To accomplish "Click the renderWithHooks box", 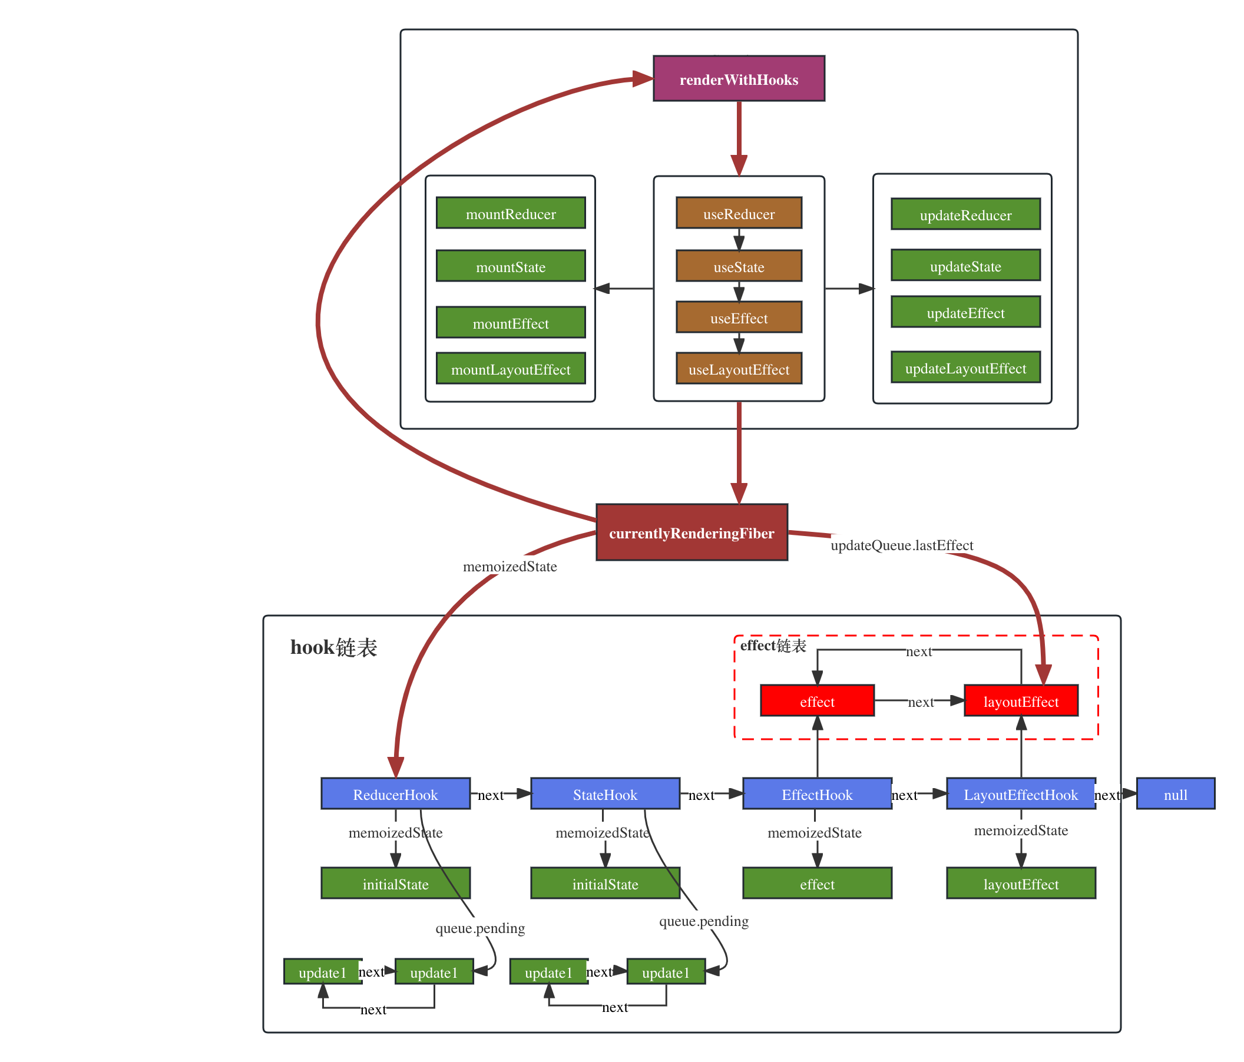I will pyautogui.click(x=739, y=80).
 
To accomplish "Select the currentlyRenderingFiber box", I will pyautogui.click(x=692, y=533).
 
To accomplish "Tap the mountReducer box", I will pyautogui.click(x=510, y=214).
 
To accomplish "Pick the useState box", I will pyautogui.click(x=739, y=267).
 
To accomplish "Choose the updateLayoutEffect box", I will pyautogui.click(x=965, y=368).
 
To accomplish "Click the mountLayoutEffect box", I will pyautogui.click(x=510, y=369).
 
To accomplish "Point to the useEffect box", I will pyautogui.click(x=739, y=317).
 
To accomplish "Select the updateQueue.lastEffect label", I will pyautogui.click(x=901, y=544).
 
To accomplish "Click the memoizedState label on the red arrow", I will pyautogui.click(x=509, y=565).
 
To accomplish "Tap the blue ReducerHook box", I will pyautogui.click(x=395, y=794).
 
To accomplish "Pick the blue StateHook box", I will pyautogui.click(x=604, y=794).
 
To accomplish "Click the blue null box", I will pyautogui.click(x=1175, y=794).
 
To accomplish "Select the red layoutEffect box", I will pyautogui.click(x=1021, y=701).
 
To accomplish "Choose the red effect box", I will pyautogui.click(x=816, y=701).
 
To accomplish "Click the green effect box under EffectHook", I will pyautogui.click(x=816, y=884).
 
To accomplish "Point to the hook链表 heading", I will pyautogui.click(x=334, y=647).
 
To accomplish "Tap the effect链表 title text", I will pyautogui.click(x=773, y=646).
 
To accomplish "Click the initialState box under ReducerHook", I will pyautogui.click(x=395, y=884).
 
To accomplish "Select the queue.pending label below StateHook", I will pyautogui.click(x=704, y=921).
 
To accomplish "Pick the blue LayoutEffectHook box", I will pyautogui.click(x=1021, y=794).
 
